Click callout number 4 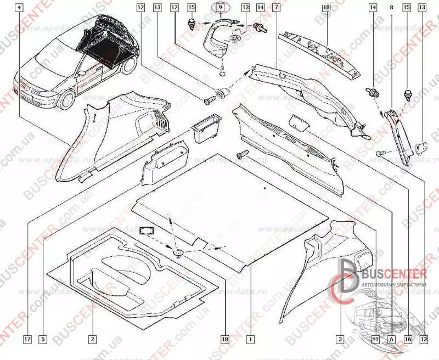point(20,8)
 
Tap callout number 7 point(276,8)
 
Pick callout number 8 point(391,8)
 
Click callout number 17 point(27,340)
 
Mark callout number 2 point(93,340)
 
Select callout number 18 point(224,340)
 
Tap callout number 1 point(251,340)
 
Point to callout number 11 point(375,340)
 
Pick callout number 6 point(391,340)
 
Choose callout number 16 point(407,340)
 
